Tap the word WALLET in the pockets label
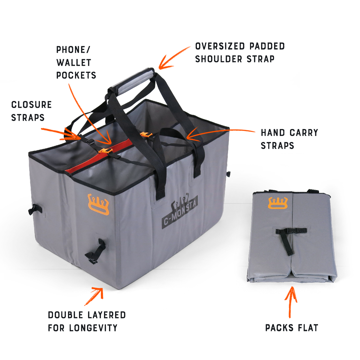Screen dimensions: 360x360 [74, 62]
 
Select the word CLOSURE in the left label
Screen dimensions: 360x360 [31, 105]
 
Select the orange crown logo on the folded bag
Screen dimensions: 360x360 [278, 203]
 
